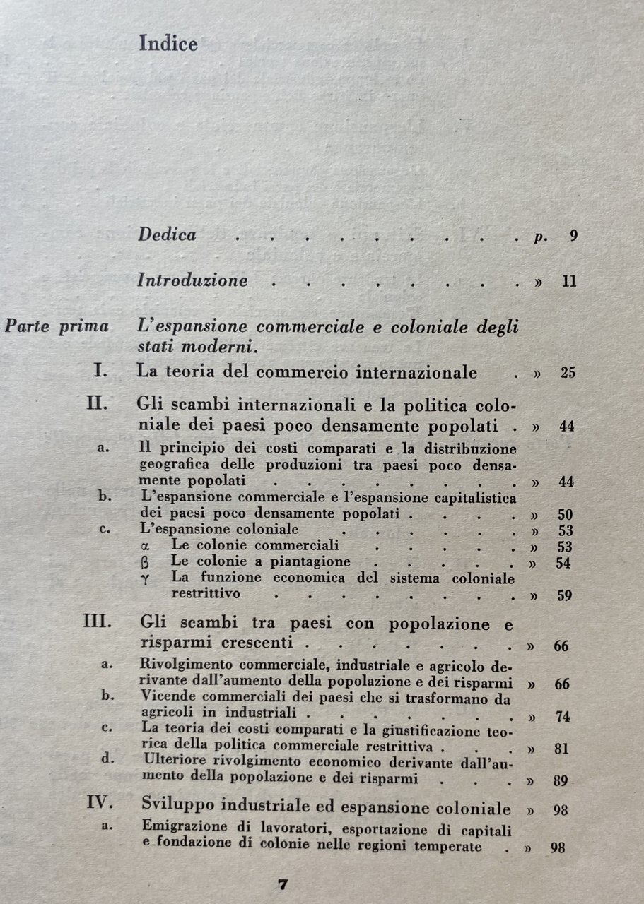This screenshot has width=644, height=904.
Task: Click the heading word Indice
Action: click(x=168, y=44)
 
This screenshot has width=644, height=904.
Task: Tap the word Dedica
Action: click(x=168, y=234)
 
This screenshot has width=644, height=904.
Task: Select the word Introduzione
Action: click(x=193, y=280)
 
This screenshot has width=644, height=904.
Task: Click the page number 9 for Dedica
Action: click(x=573, y=236)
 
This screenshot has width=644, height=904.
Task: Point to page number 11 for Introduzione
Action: click(x=570, y=281)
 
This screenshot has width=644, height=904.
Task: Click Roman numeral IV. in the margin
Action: click(x=100, y=805)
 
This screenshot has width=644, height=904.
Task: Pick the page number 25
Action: click(x=568, y=373)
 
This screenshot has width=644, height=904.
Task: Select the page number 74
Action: click(x=563, y=716)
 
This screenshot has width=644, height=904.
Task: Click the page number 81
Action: click(x=562, y=749)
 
